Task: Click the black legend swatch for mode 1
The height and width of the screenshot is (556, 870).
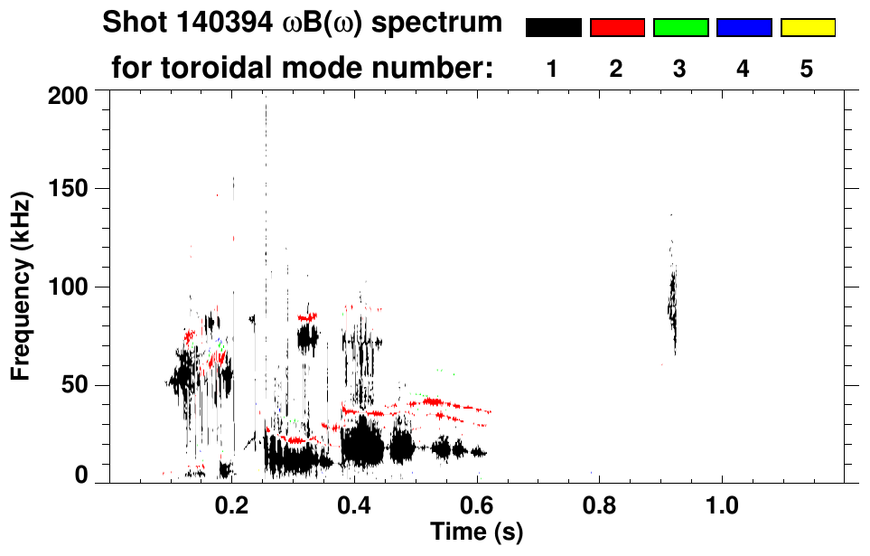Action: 553,28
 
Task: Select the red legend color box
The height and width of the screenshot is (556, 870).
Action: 617,28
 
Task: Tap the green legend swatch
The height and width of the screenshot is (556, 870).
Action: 680,28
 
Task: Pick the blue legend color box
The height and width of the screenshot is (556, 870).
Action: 744,28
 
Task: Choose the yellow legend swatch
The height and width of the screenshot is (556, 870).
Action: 807,28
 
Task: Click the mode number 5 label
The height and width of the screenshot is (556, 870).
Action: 807,69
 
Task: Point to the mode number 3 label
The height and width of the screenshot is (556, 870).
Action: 679,69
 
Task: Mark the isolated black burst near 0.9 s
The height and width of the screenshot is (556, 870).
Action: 672,303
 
